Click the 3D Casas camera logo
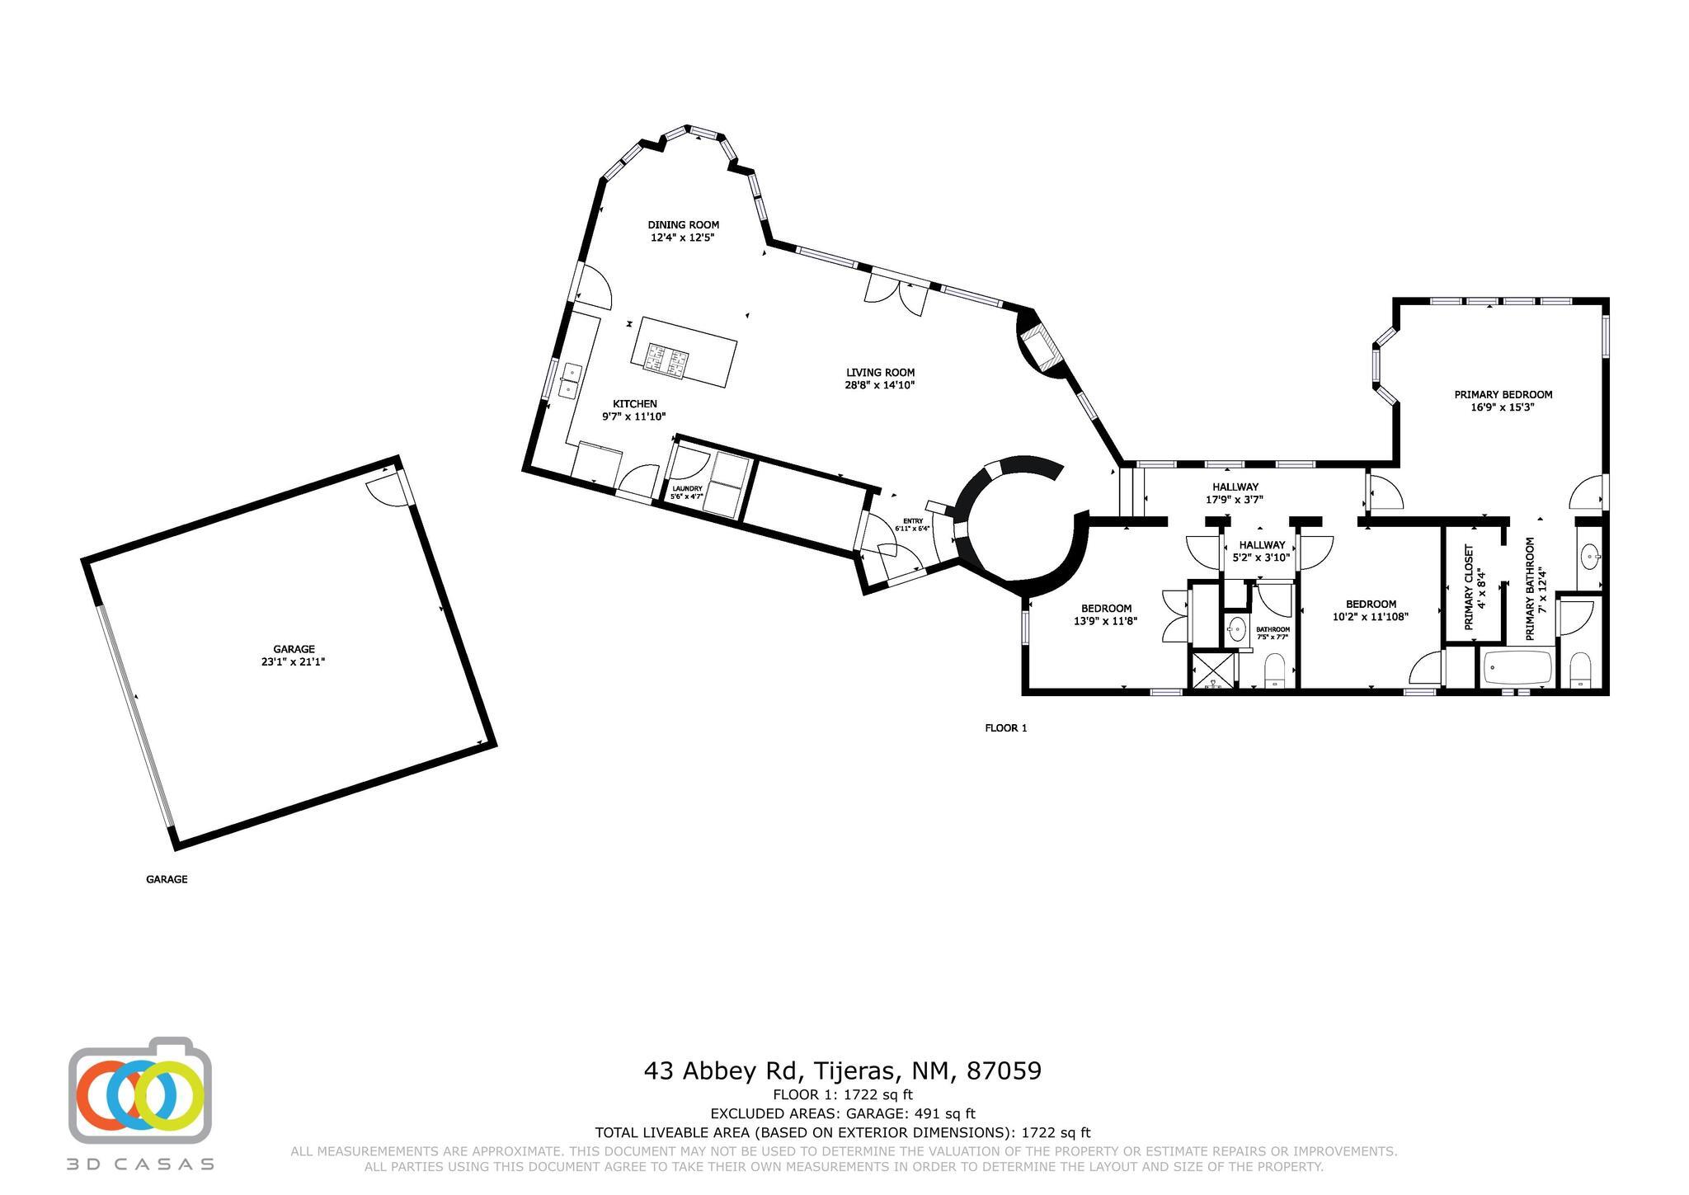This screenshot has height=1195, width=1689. (140, 1090)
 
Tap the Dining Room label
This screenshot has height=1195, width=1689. (683, 224)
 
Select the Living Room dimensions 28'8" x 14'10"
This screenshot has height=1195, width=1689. (880, 385)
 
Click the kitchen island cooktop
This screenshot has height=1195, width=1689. (667, 360)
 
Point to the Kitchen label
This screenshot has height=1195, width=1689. (634, 403)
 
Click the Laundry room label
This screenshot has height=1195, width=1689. (687, 488)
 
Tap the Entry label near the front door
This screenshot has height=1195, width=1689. (913, 521)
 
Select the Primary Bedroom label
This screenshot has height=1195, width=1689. (1503, 394)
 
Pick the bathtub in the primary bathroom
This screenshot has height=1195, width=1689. (1517, 668)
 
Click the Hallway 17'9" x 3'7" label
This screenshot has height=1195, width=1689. (1235, 493)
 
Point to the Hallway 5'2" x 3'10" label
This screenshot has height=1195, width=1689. (1262, 551)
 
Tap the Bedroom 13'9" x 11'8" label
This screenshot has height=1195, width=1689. (1106, 615)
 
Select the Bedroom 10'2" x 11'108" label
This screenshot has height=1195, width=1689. (1371, 610)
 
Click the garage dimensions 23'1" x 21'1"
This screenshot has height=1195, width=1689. (294, 661)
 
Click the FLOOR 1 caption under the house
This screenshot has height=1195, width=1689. (1005, 728)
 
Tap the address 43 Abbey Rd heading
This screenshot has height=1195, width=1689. (842, 1070)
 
